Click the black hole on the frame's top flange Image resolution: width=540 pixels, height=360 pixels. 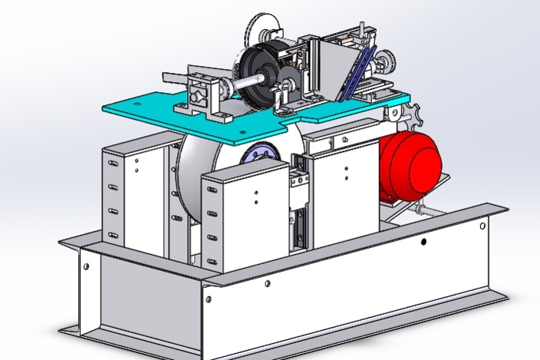click(x=424, y=242)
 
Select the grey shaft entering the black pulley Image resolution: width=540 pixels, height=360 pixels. click(x=230, y=85)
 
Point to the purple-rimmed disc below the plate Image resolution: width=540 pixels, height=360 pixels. click(x=261, y=153)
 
